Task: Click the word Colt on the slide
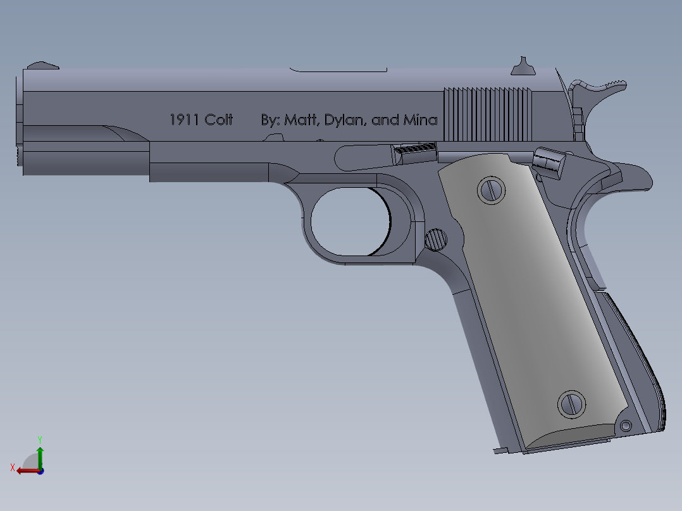219,120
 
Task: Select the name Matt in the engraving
301,120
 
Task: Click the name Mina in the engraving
420,120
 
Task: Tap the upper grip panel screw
491,190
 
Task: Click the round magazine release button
435,239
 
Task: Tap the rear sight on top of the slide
522,66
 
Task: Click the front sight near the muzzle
42,65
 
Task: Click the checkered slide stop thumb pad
415,152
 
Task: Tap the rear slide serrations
487,114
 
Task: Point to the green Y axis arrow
40,453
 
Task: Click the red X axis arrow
25,471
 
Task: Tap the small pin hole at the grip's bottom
626,426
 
